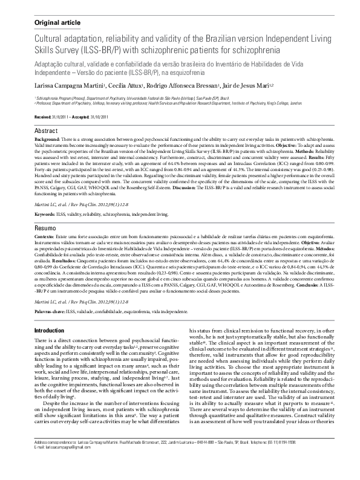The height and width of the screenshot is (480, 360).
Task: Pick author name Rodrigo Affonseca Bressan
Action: [180, 86]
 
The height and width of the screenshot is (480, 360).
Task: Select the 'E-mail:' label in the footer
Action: [39, 464]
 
